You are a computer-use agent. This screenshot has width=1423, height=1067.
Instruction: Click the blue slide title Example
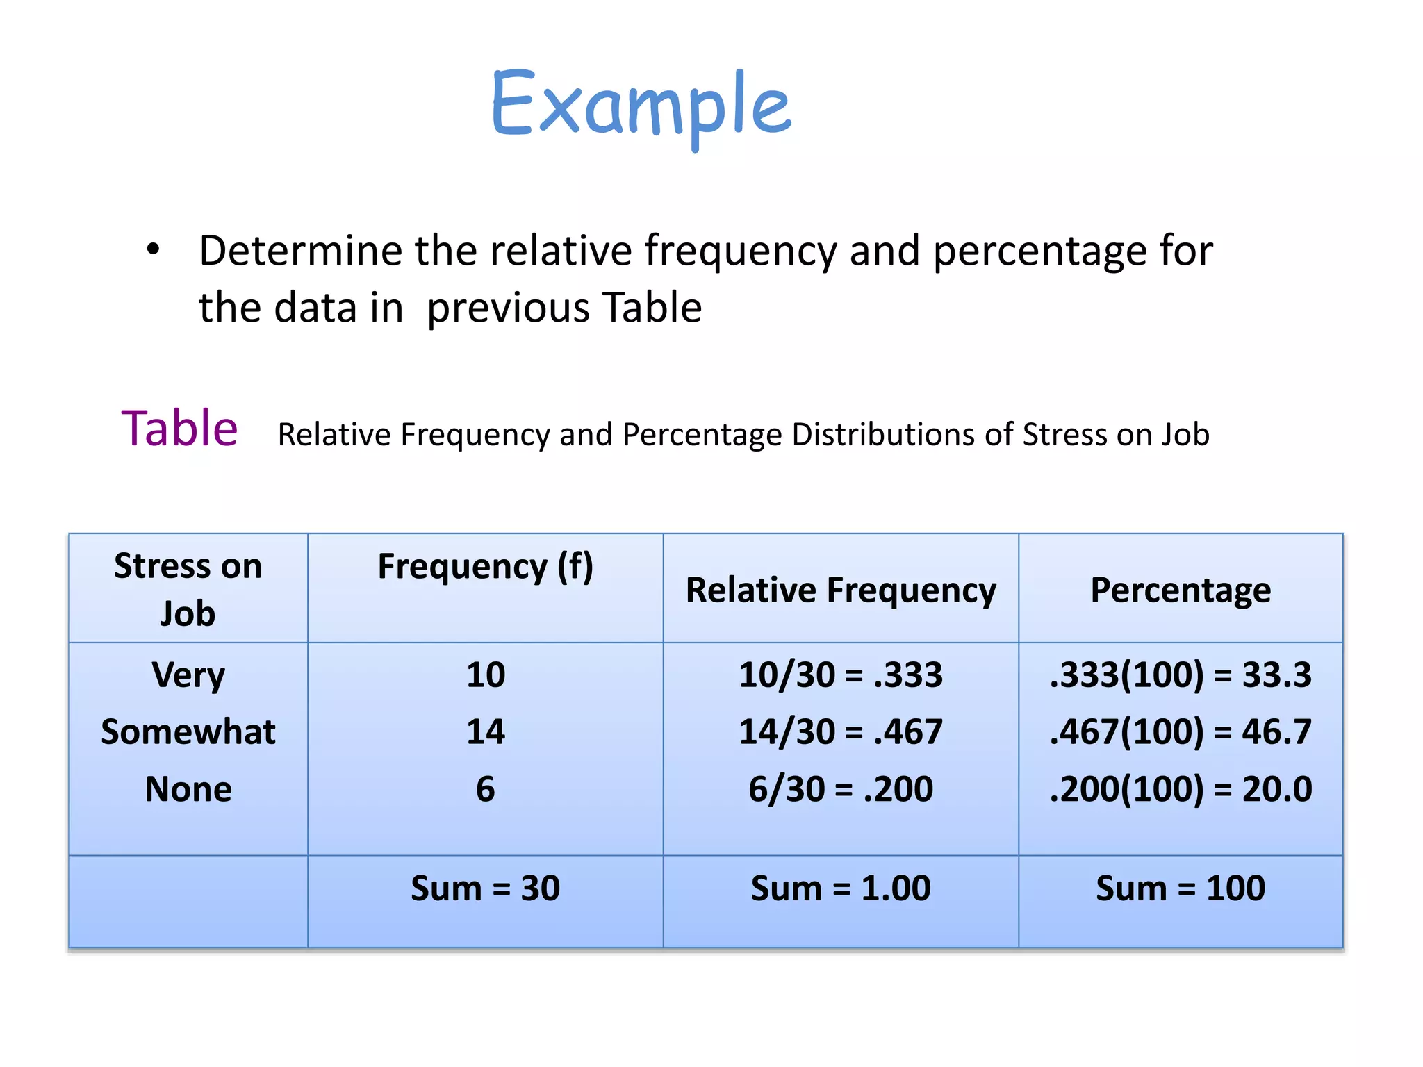(x=641, y=104)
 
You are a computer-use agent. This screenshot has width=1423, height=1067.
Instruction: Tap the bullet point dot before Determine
(x=153, y=249)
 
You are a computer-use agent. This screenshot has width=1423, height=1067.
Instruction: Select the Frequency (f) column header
(x=485, y=566)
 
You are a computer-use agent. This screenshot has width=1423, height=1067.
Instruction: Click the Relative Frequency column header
(x=840, y=590)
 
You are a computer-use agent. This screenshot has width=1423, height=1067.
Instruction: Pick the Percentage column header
(x=1181, y=590)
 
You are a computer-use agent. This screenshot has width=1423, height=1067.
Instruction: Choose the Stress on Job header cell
(x=188, y=589)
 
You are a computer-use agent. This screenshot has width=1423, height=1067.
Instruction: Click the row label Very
(x=188, y=675)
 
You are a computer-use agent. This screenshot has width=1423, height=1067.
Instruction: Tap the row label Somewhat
(x=188, y=731)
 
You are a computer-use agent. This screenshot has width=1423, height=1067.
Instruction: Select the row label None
(x=188, y=788)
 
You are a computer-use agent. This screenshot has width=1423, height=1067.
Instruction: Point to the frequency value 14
(x=485, y=731)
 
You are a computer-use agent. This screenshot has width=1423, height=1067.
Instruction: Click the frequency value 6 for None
(x=485, y=788)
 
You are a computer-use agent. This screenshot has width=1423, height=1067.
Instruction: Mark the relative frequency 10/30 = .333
(x=840, y=675)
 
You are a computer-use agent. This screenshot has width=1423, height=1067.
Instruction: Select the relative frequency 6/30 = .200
(x=840, y=788)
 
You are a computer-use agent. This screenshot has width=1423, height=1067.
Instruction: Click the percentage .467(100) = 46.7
(x=1181, y=731)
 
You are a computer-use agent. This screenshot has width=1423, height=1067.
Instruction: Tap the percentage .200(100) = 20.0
(x=1181, y=788)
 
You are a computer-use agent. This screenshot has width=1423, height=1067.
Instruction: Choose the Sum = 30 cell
(x=485, y=888)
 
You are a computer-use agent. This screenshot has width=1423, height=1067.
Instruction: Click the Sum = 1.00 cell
(x=840, y=888)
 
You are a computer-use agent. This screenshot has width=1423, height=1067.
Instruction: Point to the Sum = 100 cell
(x=1181, y=888)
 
